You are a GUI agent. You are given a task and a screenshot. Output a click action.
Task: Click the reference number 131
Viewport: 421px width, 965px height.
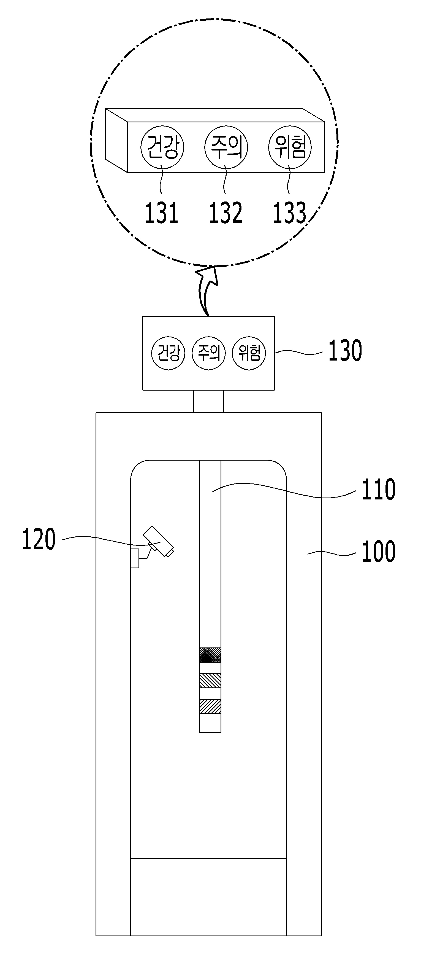pos(161,213)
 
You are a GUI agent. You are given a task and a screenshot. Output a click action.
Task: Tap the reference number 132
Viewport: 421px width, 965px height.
pos(225,213)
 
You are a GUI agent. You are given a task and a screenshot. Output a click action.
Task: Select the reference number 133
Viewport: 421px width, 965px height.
pos(289,213)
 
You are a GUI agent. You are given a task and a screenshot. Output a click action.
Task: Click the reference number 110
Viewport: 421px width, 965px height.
pos(378,489)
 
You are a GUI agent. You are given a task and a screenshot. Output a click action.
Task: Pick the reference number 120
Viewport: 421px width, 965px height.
pos(39,539)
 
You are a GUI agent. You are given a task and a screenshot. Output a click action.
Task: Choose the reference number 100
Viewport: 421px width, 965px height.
pos(378,552)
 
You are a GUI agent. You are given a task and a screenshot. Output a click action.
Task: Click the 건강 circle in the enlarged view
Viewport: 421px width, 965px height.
pos(162,147)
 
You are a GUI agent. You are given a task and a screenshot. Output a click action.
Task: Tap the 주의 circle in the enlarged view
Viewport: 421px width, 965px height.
pos(226,147)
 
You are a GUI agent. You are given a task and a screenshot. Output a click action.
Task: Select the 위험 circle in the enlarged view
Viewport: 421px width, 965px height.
pos(290,147)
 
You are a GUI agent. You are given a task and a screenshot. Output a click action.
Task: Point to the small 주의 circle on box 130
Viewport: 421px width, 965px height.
pos(209,353)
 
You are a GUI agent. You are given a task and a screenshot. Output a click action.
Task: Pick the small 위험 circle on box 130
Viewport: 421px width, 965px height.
pos(249,353)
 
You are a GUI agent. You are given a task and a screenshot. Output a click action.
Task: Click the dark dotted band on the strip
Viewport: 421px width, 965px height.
pos(210,655)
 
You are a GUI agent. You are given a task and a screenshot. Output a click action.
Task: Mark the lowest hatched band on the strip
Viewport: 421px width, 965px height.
pos(210,706)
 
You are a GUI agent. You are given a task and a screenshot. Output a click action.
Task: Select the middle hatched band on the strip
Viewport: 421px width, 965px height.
pos(210,681)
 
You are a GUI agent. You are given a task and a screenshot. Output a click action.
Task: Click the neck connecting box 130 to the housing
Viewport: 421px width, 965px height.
pos(208,401)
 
